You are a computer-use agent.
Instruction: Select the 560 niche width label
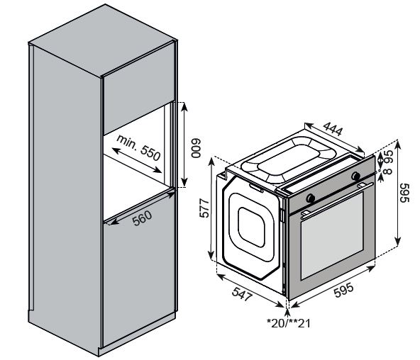pyautogui.click(x=143, y=220)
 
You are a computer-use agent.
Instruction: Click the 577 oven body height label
pyautogui.click(x=204, y=211)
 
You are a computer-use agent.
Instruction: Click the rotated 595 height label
pyautogui.click(x=404, y=193)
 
